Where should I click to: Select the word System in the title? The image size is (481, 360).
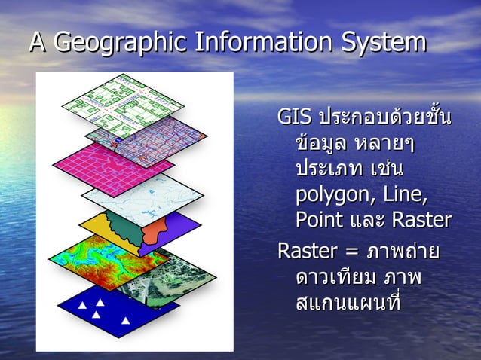click(383, 42)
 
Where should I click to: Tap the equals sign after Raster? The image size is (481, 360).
click(353, 249)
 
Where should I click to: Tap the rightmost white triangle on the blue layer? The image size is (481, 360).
click(127, 320)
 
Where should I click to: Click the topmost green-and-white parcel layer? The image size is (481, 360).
click(121, 102)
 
